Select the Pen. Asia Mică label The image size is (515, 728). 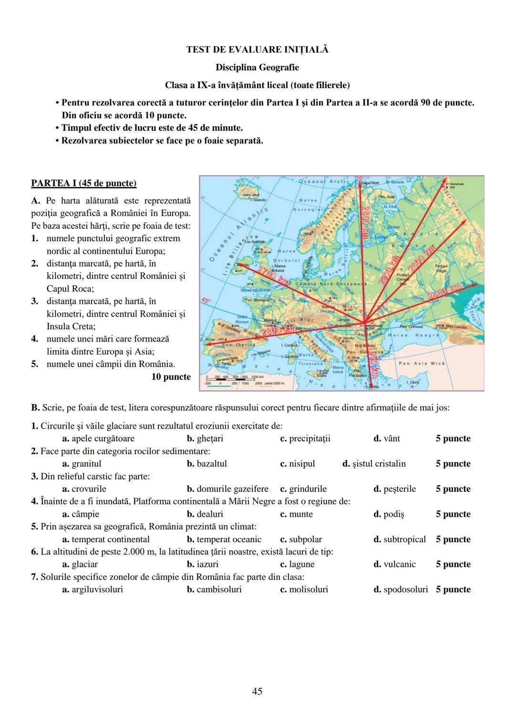point(422,363)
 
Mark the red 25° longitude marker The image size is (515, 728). point(360,179)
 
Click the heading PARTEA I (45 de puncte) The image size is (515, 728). point(83,183)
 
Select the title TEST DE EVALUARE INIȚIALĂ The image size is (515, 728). point(257,50)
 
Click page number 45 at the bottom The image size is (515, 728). point(257,691)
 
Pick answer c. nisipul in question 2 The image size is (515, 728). point(298,464)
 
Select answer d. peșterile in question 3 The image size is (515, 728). point(394,489)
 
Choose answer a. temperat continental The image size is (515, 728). point(106,540)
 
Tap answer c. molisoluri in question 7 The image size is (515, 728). point(304,590)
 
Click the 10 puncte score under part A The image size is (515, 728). point(171,377)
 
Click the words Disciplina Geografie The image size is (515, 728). point(257,67)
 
